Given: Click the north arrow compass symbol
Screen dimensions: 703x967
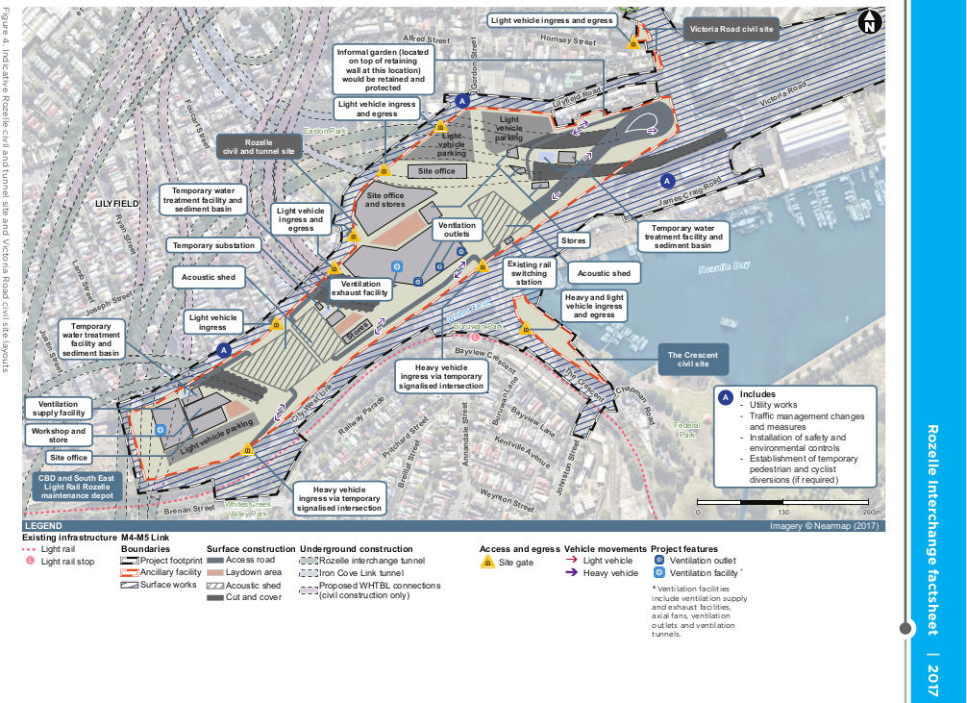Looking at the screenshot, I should (869, 20).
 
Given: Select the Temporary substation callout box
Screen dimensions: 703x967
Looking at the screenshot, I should (214, 245).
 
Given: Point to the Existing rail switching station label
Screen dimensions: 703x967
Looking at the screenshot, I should (529, 273).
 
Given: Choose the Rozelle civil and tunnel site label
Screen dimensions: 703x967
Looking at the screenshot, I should (260, 146).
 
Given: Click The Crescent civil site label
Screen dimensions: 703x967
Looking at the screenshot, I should (693, 361).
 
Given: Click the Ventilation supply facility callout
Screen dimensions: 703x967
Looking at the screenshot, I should (60, 408).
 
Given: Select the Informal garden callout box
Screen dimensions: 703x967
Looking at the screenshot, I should (384, 68).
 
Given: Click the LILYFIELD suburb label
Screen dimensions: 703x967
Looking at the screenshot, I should (117, 204).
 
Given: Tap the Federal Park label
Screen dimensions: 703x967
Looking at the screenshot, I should (686, 429).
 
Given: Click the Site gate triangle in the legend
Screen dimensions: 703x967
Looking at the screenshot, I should (487, 562).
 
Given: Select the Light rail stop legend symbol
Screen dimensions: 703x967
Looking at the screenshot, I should (30, 561).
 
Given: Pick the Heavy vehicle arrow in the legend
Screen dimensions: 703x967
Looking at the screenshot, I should (571, 573).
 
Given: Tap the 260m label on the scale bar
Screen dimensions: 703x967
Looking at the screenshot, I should (871, 512).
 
